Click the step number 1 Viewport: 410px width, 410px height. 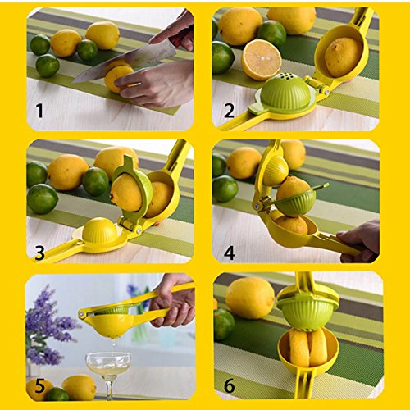click(x=40, y=111)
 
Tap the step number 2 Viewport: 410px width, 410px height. click(x=229, y=111)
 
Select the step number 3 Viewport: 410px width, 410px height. click(x=40, y=253)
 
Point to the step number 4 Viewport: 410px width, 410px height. click(x=229, y=253)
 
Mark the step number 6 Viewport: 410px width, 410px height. click(x=229, y=385)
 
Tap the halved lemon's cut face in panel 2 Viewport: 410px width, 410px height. click(x=262, y=60)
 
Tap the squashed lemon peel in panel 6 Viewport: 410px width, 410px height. click(x=308, y=347)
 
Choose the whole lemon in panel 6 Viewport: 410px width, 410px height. click(x=250, y=298)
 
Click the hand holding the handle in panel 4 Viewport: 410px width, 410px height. click(x=359, y=241)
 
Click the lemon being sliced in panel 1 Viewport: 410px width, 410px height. click(x=118, y=75)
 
